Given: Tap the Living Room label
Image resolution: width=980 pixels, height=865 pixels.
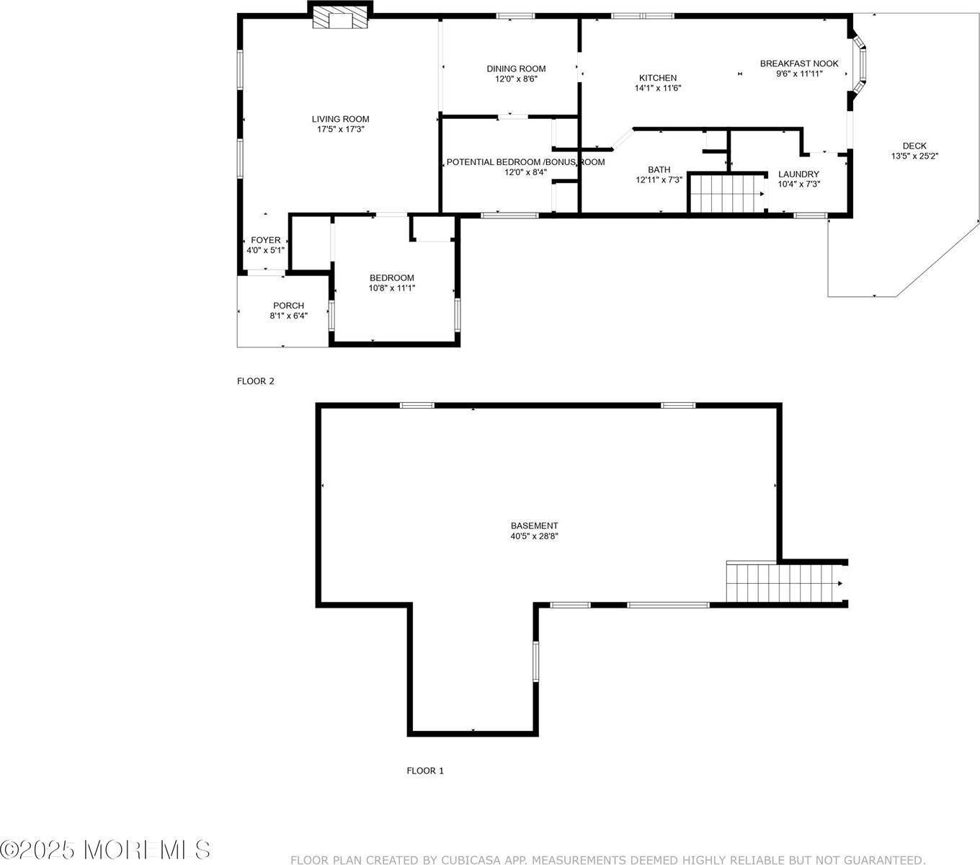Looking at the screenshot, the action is click(341, 119).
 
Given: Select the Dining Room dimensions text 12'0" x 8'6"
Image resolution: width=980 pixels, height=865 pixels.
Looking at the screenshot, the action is click(516, 79).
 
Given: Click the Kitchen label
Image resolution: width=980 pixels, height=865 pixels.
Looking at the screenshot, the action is click(658, 78).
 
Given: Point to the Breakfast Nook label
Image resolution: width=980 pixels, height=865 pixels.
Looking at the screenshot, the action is click(799, 63).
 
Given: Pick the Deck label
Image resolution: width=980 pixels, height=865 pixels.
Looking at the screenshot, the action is click(914, 146).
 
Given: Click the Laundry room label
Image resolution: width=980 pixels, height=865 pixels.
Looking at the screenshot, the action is click(798, 174).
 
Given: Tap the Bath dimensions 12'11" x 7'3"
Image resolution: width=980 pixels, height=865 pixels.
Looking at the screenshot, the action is click(659, 180).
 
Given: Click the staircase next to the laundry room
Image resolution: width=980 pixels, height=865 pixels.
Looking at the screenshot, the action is click(727, 194).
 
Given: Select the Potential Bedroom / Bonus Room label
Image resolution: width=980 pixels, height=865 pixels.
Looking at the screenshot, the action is click(525, 162).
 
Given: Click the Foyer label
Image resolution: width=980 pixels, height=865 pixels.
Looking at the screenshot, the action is click(266, 240).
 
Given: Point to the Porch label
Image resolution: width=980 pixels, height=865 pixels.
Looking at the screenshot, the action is click(289, 306).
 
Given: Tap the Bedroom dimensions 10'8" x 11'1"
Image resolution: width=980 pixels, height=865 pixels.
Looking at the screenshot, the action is click(392, 288).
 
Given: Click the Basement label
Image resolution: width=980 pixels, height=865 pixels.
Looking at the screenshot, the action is click(535, 525).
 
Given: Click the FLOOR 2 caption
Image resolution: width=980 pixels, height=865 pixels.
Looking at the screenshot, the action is click(255, 381).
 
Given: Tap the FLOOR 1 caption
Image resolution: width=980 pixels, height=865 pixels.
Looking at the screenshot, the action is click(425, 771).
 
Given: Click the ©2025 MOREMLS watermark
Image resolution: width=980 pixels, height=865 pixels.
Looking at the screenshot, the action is click(105, 849).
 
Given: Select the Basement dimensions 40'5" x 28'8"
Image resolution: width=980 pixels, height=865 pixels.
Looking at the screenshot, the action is click(535, 536).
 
